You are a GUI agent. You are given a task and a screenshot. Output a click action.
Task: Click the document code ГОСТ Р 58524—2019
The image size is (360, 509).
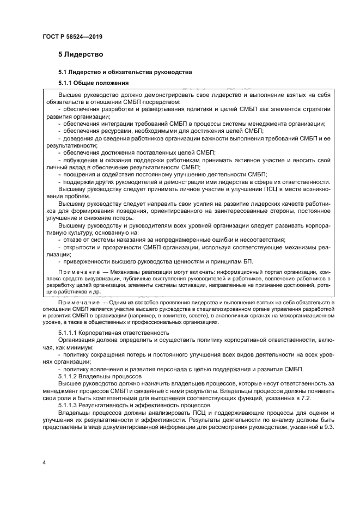[x=72, y=36]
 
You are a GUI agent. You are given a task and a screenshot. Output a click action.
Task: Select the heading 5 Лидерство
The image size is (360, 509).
[x=81, y=54]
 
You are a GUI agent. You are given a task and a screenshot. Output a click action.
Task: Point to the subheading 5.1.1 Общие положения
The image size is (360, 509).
[x=93, y=83]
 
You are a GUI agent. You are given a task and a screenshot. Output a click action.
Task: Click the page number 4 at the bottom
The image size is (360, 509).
[x=44, y=462]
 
